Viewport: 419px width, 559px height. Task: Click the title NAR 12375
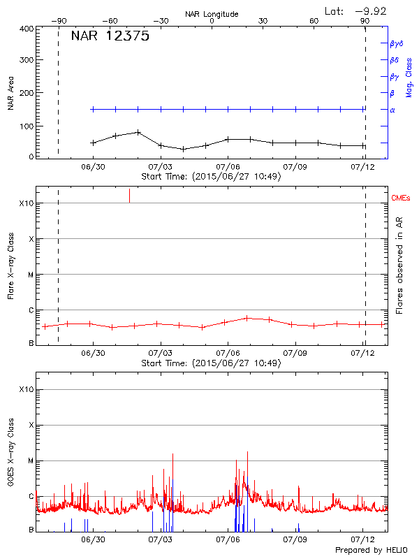110,37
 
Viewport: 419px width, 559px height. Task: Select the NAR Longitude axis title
212,14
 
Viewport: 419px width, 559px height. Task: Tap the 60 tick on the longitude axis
314,21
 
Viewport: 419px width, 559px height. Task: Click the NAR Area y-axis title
10,94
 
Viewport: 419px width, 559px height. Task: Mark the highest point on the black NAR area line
138,131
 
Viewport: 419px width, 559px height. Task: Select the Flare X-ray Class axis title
10,268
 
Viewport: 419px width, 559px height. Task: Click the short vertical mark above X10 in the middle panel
129,196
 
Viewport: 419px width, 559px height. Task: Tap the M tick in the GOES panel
31,461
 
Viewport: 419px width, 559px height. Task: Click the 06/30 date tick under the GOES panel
94,539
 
